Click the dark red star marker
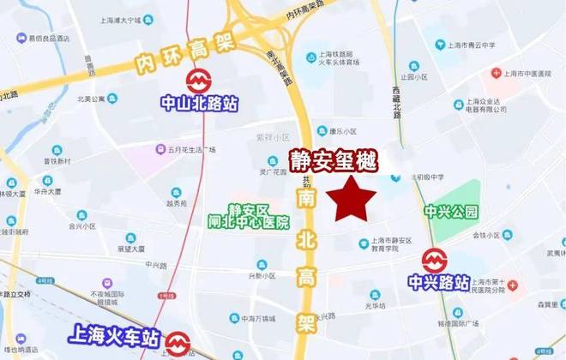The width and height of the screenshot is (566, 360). (354, 200)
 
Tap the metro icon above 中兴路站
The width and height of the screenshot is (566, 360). (434, 260)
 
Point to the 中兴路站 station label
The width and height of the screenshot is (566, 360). (438, 282)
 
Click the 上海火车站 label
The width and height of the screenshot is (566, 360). (114, 335)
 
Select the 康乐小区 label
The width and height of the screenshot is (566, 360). (342, 131)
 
